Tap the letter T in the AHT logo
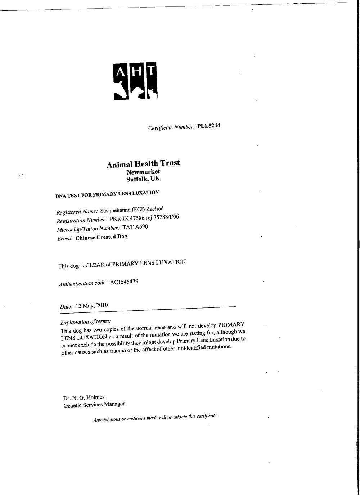click(x=152, y=71)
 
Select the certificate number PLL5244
click(x=209, y=126)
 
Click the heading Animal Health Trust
click(x=143, y=164)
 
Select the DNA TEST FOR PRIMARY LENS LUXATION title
click(x=107, y=194)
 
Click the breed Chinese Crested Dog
click(x=101, y=237)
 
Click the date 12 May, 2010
click(x=90, y=306)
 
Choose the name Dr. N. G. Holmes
click(x=84, y=398)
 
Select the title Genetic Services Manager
click(x=94, y=405)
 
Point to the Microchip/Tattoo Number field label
click(x=88, y=229)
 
